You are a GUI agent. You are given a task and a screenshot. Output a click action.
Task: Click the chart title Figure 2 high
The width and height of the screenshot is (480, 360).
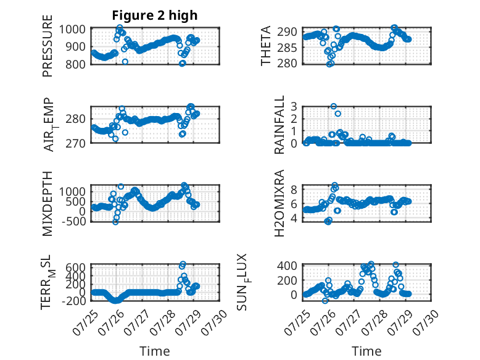(155, 15)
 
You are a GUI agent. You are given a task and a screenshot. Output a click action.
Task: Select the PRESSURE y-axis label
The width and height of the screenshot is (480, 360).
(48, 46)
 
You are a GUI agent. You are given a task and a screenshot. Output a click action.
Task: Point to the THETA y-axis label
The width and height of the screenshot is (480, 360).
(266, 46)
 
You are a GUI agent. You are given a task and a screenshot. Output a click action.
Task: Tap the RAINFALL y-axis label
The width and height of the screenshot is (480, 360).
(279, 124)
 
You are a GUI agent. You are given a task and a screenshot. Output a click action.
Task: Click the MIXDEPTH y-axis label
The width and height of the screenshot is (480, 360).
(48, 203)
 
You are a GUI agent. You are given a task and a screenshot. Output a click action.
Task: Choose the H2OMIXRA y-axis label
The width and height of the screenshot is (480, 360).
(279, 203)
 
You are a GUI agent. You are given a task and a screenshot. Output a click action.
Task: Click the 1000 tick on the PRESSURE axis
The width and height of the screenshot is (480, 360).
(72, 30)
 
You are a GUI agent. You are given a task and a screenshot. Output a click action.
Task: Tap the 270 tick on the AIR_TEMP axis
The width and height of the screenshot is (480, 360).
(75, 143)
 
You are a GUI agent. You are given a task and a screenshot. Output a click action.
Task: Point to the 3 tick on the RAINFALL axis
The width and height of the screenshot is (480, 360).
(294, 107)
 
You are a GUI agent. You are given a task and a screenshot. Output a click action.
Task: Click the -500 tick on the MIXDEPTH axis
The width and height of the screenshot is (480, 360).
(73, 221)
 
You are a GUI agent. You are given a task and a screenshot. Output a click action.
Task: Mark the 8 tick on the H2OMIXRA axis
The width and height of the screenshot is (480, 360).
(294, 190)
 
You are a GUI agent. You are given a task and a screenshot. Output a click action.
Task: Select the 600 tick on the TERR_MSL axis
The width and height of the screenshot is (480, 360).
(75, 267)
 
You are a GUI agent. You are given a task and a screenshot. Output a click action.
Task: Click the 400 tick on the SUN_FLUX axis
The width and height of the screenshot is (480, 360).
(287, 266)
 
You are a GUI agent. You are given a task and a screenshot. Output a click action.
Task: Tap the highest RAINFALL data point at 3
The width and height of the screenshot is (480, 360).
(334, 106)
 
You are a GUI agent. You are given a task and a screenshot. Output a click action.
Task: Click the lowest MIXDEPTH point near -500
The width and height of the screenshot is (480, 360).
(115, 222)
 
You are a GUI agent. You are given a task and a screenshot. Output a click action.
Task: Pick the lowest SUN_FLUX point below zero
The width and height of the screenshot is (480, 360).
(325, 301)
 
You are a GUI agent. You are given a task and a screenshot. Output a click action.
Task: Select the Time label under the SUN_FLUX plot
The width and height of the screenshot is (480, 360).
(366, 351)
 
